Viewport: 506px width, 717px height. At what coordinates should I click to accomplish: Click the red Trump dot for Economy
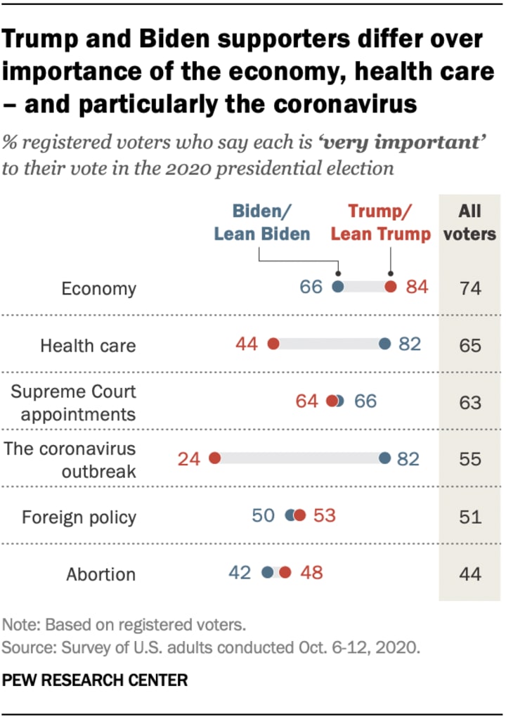coord(391,287)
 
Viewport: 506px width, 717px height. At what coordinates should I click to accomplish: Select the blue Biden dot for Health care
coord(384,344)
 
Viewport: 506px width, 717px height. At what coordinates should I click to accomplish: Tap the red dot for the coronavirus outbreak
coord(215,458)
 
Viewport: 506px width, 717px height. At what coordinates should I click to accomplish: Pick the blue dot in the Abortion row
coord(267,572)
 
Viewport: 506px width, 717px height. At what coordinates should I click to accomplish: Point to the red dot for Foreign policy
coord(300,516)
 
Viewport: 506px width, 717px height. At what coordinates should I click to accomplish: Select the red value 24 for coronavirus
coord(188,459)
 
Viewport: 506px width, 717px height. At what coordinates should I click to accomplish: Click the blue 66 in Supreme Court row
coord(365,401)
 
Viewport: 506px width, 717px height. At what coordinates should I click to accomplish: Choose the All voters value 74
coord(469,288)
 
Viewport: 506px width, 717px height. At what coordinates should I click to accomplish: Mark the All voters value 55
coord(469,459)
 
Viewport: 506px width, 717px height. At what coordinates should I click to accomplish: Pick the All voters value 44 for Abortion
coord(469,574)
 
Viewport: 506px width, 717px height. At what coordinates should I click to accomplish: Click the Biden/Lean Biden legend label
coord(262,223)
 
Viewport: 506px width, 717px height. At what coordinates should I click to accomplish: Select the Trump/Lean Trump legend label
coord(381,223)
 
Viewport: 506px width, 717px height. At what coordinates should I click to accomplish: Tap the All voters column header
coord(469,223)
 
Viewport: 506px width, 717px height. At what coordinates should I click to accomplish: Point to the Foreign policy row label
coord(79,517)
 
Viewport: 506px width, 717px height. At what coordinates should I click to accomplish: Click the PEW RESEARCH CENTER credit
coord(96,680)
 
